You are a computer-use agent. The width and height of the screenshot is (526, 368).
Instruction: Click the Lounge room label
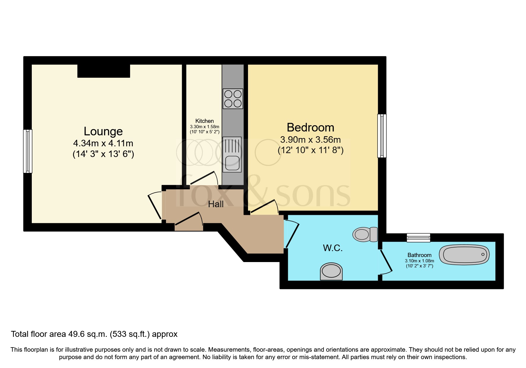(103, 131)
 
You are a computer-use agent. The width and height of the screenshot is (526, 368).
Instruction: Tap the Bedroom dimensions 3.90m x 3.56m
(310, 139)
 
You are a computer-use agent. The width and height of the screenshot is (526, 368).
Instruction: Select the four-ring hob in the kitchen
(233, 99)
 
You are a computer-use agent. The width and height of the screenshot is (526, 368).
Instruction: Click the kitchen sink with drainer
(232, 155)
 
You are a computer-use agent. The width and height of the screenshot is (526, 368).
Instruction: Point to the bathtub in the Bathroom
(466, 255)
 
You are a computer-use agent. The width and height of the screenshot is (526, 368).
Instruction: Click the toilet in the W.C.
(365, 234)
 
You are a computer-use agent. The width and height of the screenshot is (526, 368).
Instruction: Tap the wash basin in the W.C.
(331, 271)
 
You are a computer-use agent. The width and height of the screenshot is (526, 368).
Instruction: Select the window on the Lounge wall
(28, 151)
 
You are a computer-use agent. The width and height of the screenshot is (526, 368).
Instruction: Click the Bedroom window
(382, 136)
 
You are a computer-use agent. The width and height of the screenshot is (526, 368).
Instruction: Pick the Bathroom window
(418, 237)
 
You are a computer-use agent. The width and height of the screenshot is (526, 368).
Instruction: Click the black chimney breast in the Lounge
(104, 71)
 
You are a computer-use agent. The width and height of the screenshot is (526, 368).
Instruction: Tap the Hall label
(216, 204)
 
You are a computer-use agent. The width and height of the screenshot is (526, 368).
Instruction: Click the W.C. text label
(333, 248)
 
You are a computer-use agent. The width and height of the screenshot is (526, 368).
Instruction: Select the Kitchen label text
(204, 121)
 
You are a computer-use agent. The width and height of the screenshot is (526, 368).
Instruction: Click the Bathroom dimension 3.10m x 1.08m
(419, 261)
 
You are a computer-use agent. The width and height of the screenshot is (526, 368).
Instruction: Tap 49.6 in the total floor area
(75, 334)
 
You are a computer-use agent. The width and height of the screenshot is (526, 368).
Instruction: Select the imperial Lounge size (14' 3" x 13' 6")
(103, 154)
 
